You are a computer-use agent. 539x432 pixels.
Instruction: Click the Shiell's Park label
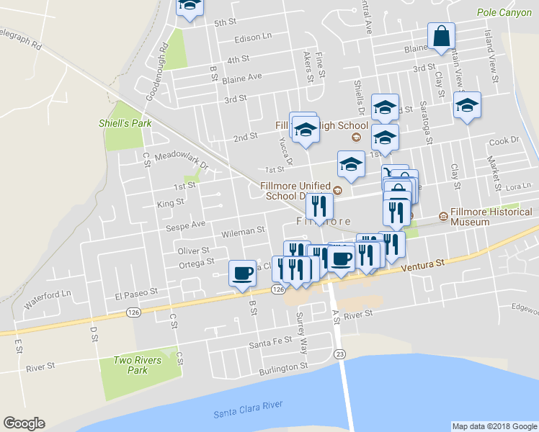pyautogui.click(x=125, y=123)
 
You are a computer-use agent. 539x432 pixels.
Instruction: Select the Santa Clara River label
pyautogui.click(x=247, y=410)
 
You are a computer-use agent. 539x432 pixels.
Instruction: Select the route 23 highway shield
pyautogui.click(x=340, y=354)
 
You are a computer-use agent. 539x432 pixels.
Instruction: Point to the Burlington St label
pyautogui.click(x=284, y=367)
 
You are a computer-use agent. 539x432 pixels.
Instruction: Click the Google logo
pyautogui.click(x=24, y=423)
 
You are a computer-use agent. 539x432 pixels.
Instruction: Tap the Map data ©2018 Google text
pyautogui.click(x=494, y=426)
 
